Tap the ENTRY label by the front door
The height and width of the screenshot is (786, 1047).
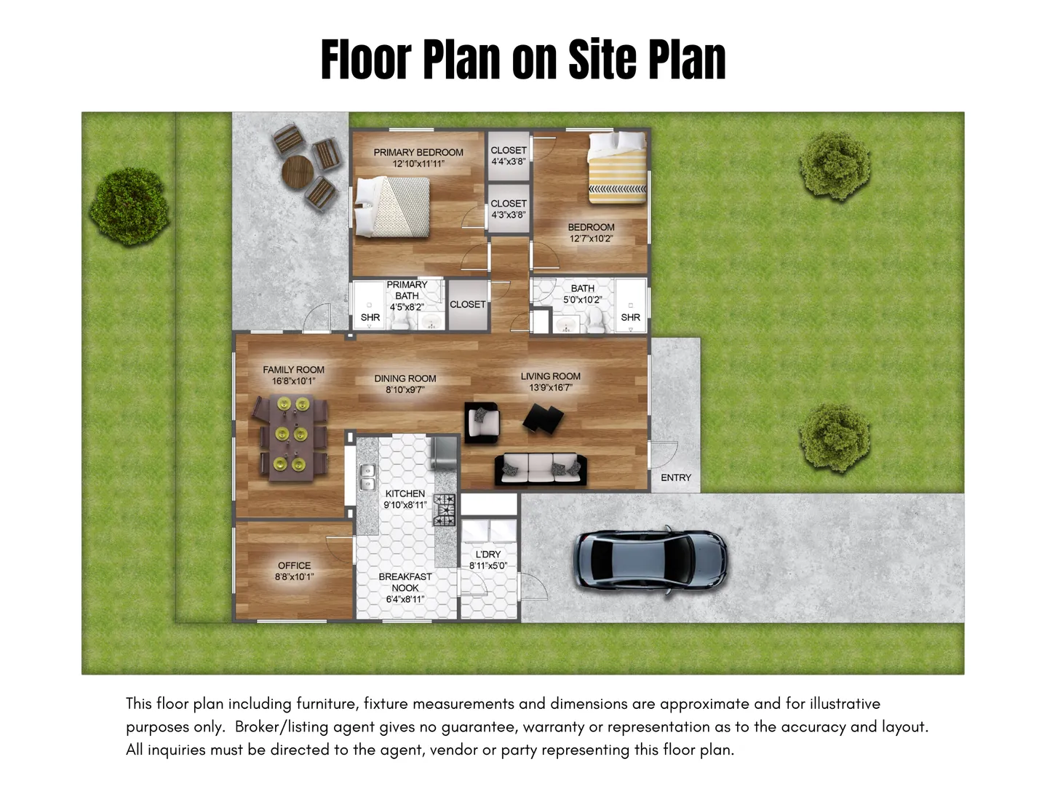675,477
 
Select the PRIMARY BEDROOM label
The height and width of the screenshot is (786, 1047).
418,152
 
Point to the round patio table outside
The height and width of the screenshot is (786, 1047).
298,171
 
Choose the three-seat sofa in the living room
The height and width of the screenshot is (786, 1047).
541,469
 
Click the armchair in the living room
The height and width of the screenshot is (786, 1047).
482,422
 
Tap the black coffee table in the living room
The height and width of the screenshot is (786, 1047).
544,418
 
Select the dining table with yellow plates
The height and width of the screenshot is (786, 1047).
292,437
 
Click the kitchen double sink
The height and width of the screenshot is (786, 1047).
367,477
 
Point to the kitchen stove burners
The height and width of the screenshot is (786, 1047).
444,510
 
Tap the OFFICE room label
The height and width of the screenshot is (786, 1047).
294,565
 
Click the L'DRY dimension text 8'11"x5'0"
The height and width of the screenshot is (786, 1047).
488,565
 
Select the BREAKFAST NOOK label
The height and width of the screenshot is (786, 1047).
405,582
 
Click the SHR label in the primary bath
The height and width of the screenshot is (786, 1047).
370,317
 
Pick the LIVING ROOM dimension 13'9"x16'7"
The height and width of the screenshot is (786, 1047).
551,387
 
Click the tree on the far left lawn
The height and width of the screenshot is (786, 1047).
130,206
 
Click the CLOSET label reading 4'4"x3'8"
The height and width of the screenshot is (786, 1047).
509,156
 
